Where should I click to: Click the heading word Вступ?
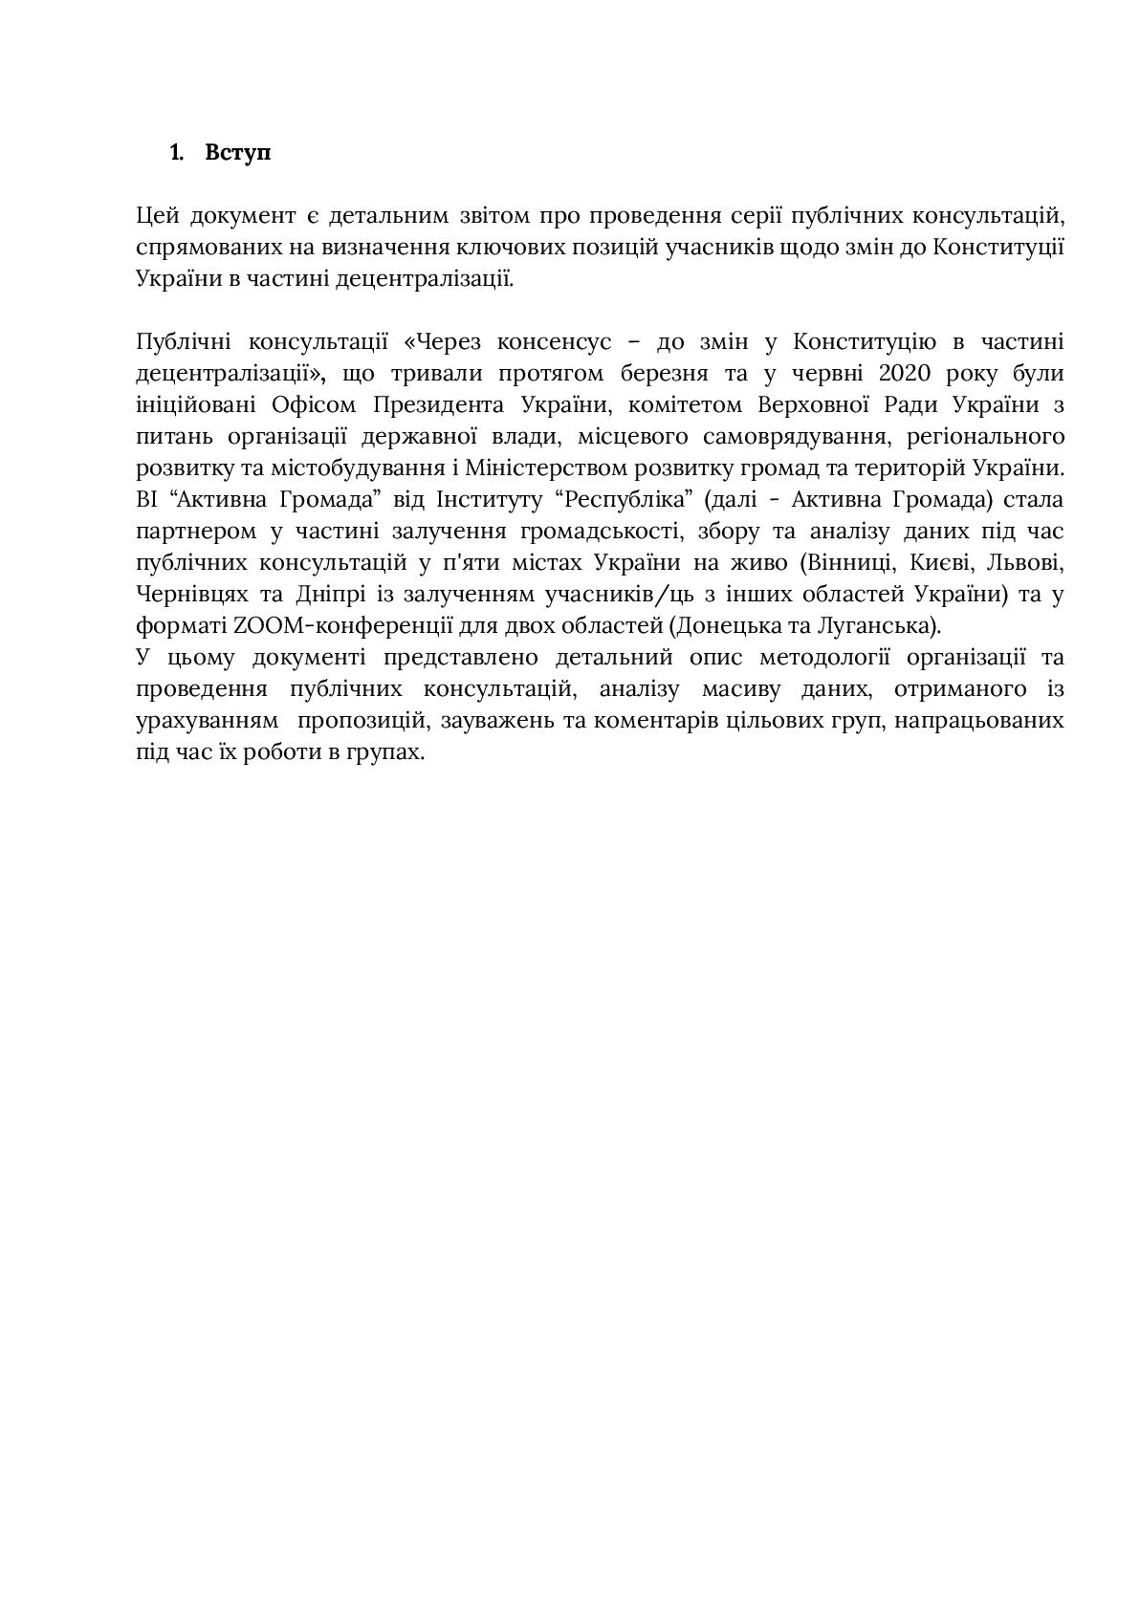click(x=237, y=153)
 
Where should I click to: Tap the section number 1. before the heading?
click(x=177, y=153)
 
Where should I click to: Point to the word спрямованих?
click(x=197, y=248)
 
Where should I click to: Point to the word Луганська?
click(x=885, y=626)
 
